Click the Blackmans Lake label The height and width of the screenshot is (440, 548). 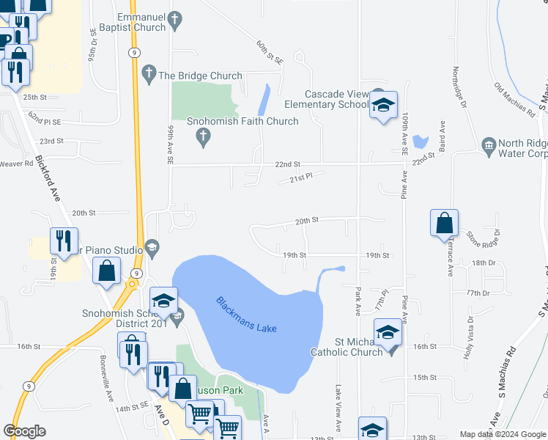247,315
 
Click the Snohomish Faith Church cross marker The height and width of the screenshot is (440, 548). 204,135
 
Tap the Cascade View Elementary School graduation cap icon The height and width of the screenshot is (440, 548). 382,106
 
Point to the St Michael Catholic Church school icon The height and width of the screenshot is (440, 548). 388,333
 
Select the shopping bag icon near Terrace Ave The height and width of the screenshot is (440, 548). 445,224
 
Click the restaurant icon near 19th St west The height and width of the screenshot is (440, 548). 64,241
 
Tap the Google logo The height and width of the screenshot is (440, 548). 24,431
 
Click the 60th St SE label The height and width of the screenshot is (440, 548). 269,53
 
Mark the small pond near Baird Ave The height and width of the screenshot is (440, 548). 421,141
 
